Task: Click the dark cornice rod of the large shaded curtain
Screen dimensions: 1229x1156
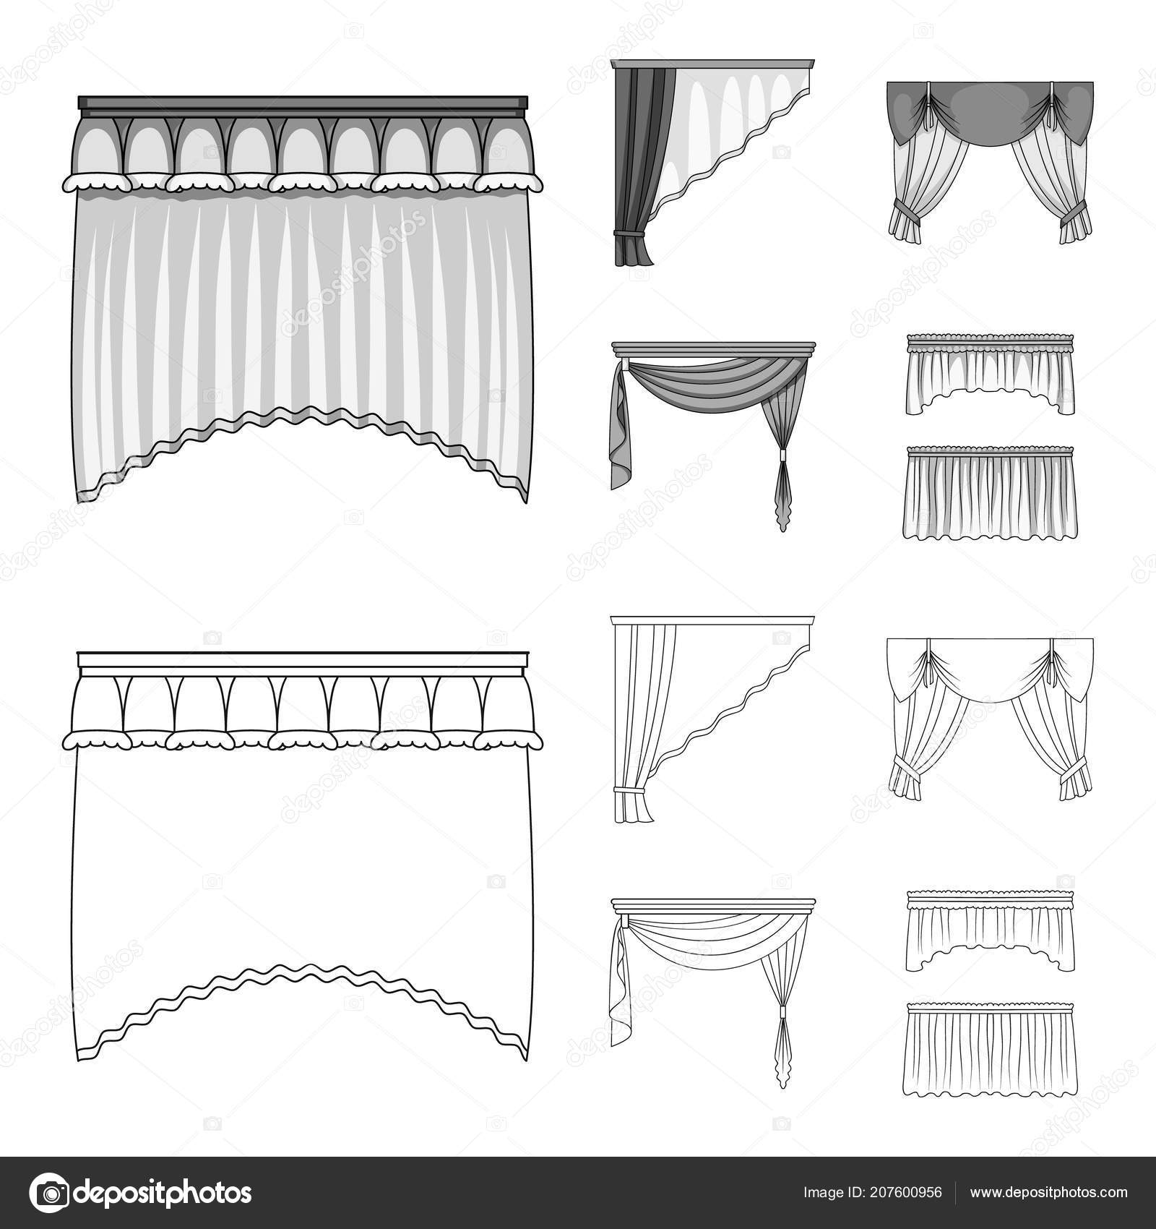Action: coord(303,106)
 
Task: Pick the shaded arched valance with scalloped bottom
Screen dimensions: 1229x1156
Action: coord(989,376)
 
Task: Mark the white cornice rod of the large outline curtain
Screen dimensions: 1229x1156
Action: coord(303,659)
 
